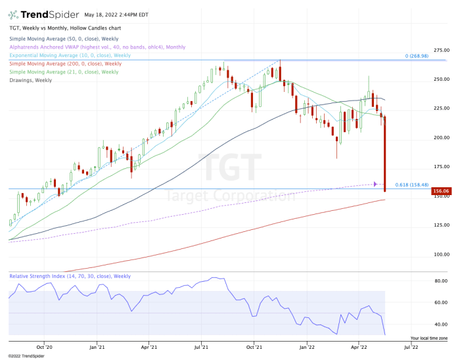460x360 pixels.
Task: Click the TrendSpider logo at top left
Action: point(40,14)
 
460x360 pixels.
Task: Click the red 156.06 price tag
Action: point(440,192)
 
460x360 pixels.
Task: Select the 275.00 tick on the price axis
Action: point(441,50)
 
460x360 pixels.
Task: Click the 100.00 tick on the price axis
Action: point(441,254)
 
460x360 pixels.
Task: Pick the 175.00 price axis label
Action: point(441,167)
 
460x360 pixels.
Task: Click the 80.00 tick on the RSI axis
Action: point(441,281)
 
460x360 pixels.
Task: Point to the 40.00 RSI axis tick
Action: point(441,325)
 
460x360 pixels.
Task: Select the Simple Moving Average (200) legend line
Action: point(65,64)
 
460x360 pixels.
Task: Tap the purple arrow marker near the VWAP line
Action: point(375,184)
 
